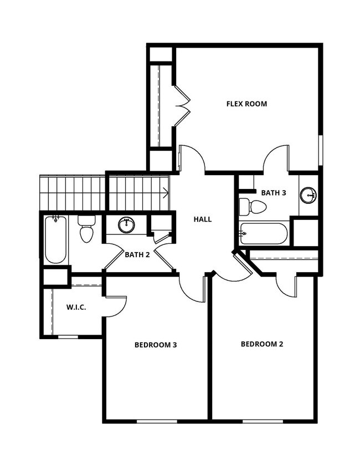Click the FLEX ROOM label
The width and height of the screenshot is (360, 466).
click(246, 104)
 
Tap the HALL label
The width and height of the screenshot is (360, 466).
click(203, 219)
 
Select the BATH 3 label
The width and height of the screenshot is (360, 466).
click(274, 193)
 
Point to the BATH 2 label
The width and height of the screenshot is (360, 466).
click(138, 255)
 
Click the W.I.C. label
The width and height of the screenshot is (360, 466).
click(76, 306)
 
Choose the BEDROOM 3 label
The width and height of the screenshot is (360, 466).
click(156, 345)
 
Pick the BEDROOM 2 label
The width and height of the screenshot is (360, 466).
click(262, 344)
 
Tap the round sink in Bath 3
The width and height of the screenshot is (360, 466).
click(308, 195)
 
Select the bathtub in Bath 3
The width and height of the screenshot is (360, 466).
click(264, 233)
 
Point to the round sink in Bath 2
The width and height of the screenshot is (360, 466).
click(127, 224)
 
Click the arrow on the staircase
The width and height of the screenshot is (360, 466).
click(165, 193)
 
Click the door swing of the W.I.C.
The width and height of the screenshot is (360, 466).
click(115, 306)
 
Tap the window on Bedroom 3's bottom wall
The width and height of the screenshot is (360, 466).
click(157, 421)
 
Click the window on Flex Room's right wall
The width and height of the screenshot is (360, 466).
click(321, 150)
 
